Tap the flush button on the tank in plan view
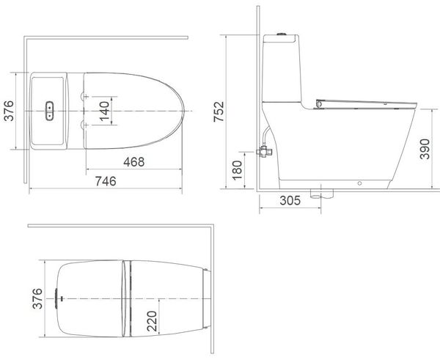pyautogui.click(x=50, y=111)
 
